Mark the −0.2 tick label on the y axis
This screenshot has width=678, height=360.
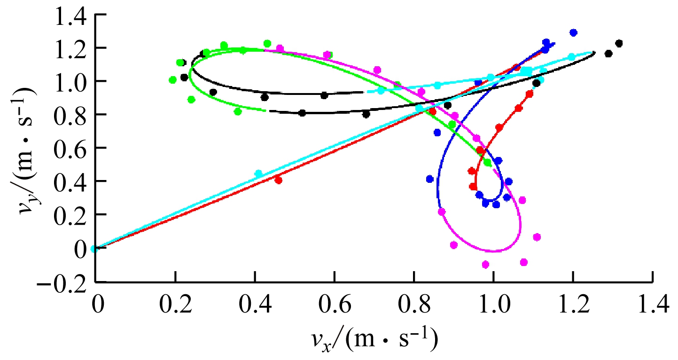click(x=63, y=282)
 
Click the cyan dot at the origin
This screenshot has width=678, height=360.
click(x=94, y=249)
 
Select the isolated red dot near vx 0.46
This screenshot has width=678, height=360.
click(x=278, y=180)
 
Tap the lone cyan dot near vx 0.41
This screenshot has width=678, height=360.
click(x=258, y=174)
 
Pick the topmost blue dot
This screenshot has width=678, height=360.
click(x=573, y=32)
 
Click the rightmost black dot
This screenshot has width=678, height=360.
click(x=619, y=43)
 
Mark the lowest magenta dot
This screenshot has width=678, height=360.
click(x=485, y=264)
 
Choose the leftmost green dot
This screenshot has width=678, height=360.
click(x=172, y=80)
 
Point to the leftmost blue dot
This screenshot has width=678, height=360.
click(x=429, y=179)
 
